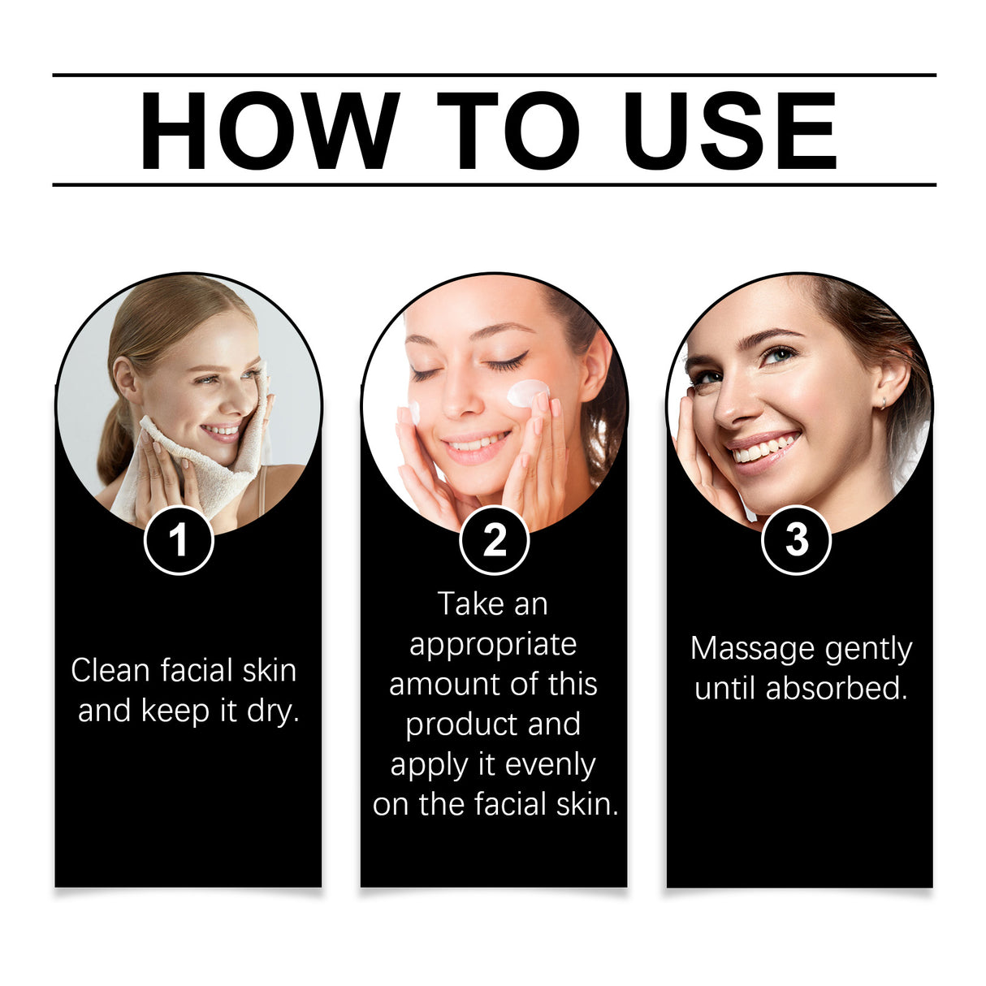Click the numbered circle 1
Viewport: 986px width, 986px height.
click(179, 540)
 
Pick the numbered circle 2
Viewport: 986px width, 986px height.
click(494, 540)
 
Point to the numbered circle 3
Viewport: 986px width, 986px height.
click(796, 540)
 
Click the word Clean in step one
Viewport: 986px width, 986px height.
click(110, 670)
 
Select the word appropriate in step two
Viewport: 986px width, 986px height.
click(493, 645)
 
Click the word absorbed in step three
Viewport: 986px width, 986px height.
click(836, 689)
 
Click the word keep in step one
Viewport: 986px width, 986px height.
click(175, 711)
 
